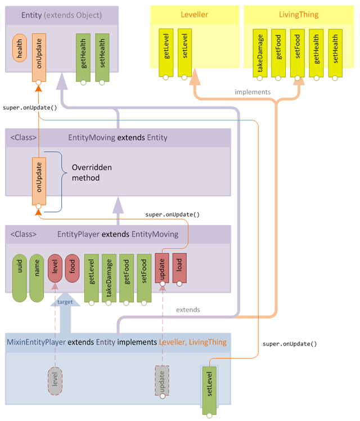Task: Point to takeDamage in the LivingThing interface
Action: pos(260,53)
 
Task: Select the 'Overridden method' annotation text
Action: pos(92,172)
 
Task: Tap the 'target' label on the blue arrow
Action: pos(65,302)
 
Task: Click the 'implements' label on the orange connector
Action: pos(253,92)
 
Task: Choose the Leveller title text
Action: pos(195,15)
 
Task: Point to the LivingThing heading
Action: pos(298,15)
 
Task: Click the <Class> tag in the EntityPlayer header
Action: pos(24,234)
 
